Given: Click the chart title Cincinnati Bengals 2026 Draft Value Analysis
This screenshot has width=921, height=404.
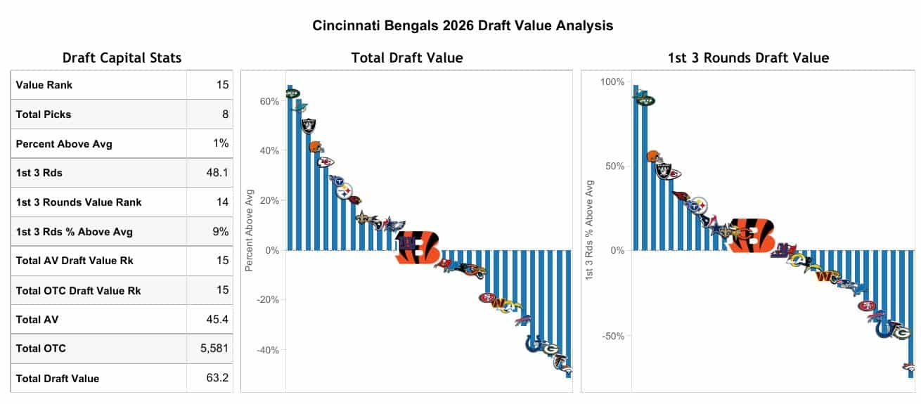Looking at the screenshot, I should coord(463,26).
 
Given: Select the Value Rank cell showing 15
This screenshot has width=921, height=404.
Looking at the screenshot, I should coord(222,85).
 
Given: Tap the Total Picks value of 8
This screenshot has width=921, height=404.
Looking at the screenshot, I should coord(225,114).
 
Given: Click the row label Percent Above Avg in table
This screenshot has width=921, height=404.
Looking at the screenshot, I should coord(64,143).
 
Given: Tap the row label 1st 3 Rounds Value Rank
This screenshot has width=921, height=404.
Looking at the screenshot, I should coord(79,202).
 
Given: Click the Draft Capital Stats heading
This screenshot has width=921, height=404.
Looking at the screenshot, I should coord(122,58).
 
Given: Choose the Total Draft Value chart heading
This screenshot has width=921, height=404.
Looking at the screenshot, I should coord(407,58).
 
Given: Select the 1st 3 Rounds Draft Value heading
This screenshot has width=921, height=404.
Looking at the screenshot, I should coord(748,58).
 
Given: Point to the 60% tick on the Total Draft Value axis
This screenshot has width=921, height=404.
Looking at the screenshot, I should coord(269,101).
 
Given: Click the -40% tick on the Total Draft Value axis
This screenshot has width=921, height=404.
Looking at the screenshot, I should coord(266,350).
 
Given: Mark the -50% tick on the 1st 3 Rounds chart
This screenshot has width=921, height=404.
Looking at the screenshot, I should coord(612,335).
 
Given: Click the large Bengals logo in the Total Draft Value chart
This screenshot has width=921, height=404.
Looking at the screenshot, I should coord(418,246).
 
